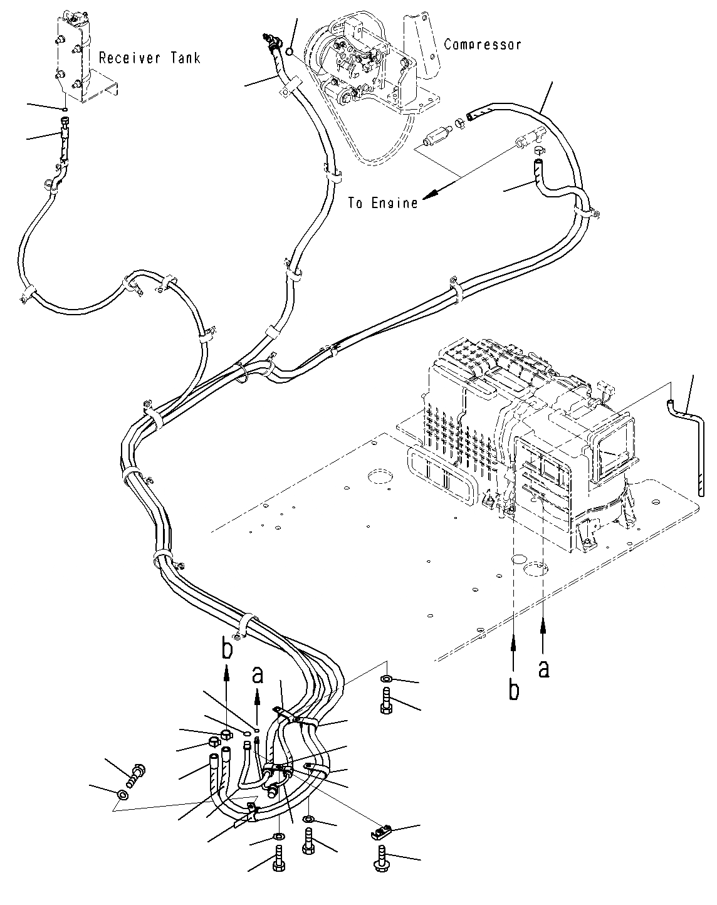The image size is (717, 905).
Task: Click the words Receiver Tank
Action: [x=150, y=58]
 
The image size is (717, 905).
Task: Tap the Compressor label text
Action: [x=482, y=44]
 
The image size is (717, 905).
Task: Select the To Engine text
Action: [x=383, y=203]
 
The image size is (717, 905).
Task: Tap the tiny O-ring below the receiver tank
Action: [x=66, y=108]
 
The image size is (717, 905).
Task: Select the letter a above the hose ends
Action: [x=257, y=675]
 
